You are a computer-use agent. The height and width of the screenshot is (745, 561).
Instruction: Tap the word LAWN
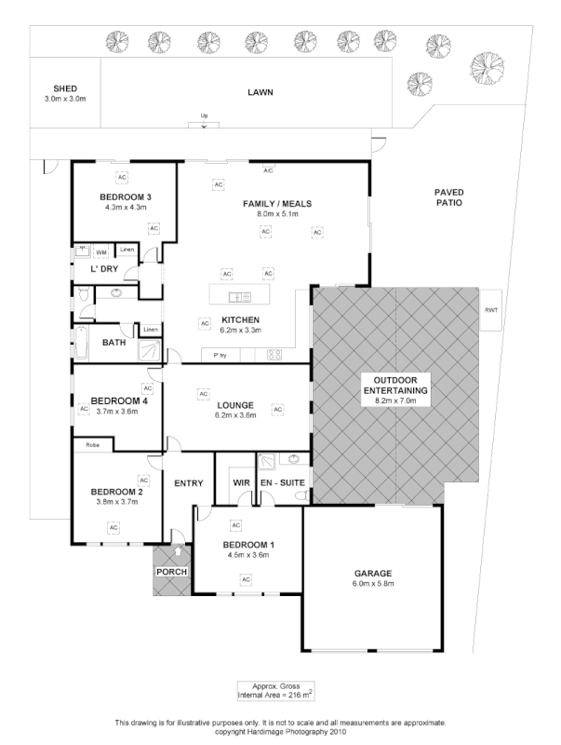[260, 93]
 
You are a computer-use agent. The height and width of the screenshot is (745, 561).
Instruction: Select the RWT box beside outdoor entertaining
[489, 311]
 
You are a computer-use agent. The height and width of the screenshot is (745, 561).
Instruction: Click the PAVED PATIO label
[448, 199]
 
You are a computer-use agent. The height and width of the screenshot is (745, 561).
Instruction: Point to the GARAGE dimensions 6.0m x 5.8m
[372, 584]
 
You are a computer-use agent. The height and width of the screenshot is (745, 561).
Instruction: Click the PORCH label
[170, 571]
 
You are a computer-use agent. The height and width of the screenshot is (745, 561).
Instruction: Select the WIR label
[238, 482]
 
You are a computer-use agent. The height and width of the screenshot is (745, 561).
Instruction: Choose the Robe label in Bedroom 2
[92, 445]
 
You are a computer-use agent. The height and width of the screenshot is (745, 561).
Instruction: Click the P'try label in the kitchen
[220, 355]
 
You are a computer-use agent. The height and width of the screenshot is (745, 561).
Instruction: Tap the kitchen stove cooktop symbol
[275, 354]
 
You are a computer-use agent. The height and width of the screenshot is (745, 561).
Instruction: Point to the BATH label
[114, 343]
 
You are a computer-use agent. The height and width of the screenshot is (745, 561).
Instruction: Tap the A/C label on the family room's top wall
[268, 170]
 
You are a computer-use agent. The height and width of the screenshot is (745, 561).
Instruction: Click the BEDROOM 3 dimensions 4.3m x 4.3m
[125, 207]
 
